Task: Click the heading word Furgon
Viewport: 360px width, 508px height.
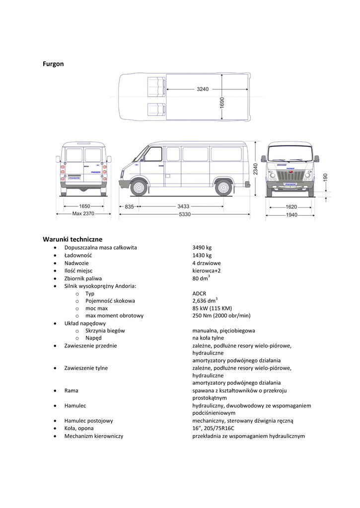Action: (x=53, y=64)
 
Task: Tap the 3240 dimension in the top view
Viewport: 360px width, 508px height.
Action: (x=202, y=89)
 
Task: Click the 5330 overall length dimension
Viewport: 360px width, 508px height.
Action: (x=185, y=214)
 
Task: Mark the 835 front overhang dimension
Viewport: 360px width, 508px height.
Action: (x=129, y=206)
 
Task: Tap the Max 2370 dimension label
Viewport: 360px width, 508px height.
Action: (x=83, y=214)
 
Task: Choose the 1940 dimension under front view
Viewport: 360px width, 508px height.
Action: (x=291, y=215)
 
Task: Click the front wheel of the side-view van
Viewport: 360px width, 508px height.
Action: (x=139, y=188)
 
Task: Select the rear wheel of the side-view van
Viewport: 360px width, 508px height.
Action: (x=223, y=188)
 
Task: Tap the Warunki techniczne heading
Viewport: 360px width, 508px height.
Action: (x=72, y=239)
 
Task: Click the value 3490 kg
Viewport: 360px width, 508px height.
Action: (x=202, y=248)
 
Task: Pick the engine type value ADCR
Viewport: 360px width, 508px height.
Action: (x=199, y=293)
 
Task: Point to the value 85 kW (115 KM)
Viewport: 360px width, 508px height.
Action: (x=212, y=308)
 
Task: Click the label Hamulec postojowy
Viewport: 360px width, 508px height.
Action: (x=88, y=421)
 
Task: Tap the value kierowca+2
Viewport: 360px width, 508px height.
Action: (x=207, y=270)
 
